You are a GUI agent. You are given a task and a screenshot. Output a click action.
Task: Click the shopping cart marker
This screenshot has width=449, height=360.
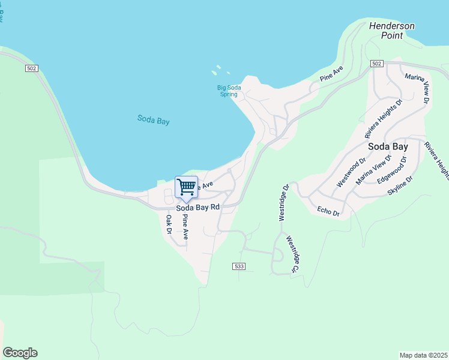pyautogui.click(x=186, y=187)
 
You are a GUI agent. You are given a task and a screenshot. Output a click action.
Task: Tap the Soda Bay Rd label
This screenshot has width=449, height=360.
pyautogui.click(x=197, y=208)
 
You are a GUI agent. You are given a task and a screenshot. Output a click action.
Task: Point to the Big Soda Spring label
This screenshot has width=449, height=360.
pyautogui.click(x=229, y=91)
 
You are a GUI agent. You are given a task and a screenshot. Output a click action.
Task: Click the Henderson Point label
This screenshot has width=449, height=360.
pyautogui.click(x=391, y=31)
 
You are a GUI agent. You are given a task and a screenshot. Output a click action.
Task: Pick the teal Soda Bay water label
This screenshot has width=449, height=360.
pyautogui.click(x=153, y=120)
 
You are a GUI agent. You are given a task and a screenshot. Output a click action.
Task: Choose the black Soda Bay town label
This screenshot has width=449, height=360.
pyautogui.click(x=387, y=146)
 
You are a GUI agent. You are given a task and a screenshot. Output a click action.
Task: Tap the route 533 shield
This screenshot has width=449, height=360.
pyautogui.click(x=238, y=265)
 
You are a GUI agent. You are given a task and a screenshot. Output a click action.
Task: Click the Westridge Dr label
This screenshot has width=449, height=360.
pyautogui.click(x=285, y=202)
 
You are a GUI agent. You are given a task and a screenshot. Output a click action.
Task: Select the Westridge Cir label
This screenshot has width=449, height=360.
pyautogui.click(x=292, y=254)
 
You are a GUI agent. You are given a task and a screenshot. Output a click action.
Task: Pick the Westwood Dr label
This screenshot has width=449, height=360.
pyautogui.click(x=351, y=172)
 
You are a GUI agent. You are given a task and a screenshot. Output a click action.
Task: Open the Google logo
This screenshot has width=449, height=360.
pyautogui.click(x=20, y=353)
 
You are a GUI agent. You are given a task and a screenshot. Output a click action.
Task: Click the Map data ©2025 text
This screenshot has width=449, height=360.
pyautogui.click(x=423, y=355)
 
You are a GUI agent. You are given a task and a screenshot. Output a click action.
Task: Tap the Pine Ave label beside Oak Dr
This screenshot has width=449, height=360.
pyautogui.click(x=185, y=227)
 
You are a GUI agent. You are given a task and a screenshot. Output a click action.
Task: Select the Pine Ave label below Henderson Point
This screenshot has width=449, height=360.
pyautogui.click(x=331, y=74)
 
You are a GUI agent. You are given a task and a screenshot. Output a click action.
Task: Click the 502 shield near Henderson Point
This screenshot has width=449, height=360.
pyautogui.click(x=376, y=64)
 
